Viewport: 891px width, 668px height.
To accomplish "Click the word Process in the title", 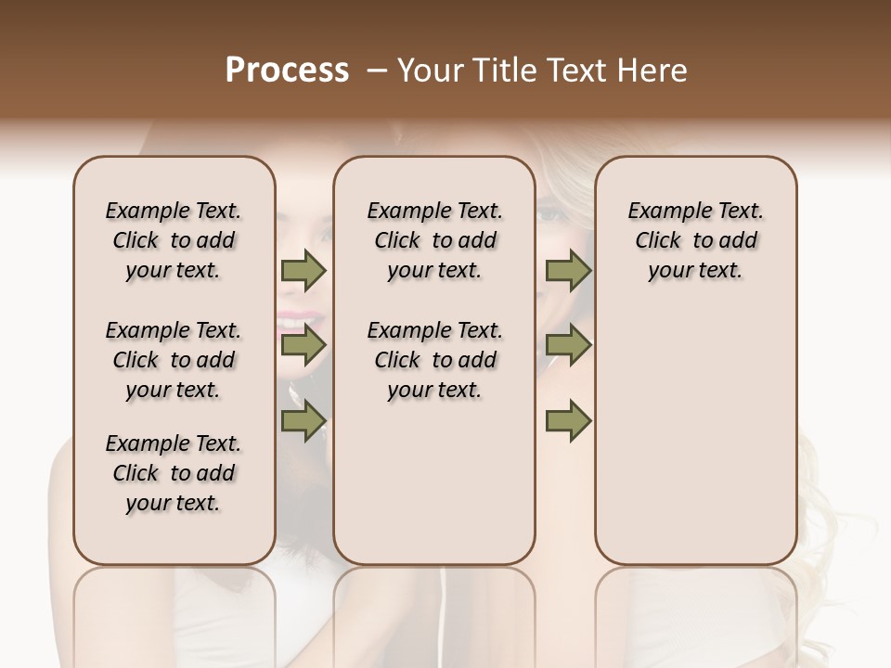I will (287, 71).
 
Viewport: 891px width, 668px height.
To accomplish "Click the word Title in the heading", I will (499, 71).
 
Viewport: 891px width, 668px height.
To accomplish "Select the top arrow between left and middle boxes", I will (303, 271).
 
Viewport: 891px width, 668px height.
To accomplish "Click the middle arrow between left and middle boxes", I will (303, 346).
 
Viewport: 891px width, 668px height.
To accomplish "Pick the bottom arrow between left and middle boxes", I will (303, 421).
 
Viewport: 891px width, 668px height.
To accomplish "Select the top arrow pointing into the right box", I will (568, 271).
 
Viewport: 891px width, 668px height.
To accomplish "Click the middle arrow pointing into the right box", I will (568, 346).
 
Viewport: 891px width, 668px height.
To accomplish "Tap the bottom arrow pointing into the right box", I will (568, 421).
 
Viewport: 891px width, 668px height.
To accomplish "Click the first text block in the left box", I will (174, 240).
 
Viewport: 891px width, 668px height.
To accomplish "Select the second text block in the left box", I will (174, 360).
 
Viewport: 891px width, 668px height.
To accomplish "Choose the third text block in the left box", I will (174, 473).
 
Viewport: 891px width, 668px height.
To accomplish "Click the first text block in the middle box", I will (434, 240).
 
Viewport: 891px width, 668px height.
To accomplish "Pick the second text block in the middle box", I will (434, 360).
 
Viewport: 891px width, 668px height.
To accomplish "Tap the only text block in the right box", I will (695, 240).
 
